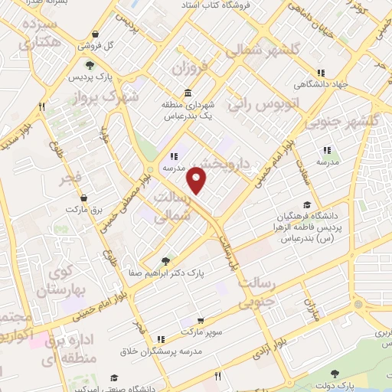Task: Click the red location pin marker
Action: pyautogui.click(x=198, y=181)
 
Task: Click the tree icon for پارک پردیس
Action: pyautogui.click(x=90, y=66)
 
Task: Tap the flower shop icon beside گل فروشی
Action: pyautogui.click(x=94, y=34)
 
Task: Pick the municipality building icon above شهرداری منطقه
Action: pyautogui.click(x=168, y=92)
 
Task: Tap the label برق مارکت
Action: pyautogui.click(x=83, y=209)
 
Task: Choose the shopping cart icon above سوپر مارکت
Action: pyautogui.click(x=200, y=322)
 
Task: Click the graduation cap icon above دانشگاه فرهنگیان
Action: pyautogui.click(x=307, y=204)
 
